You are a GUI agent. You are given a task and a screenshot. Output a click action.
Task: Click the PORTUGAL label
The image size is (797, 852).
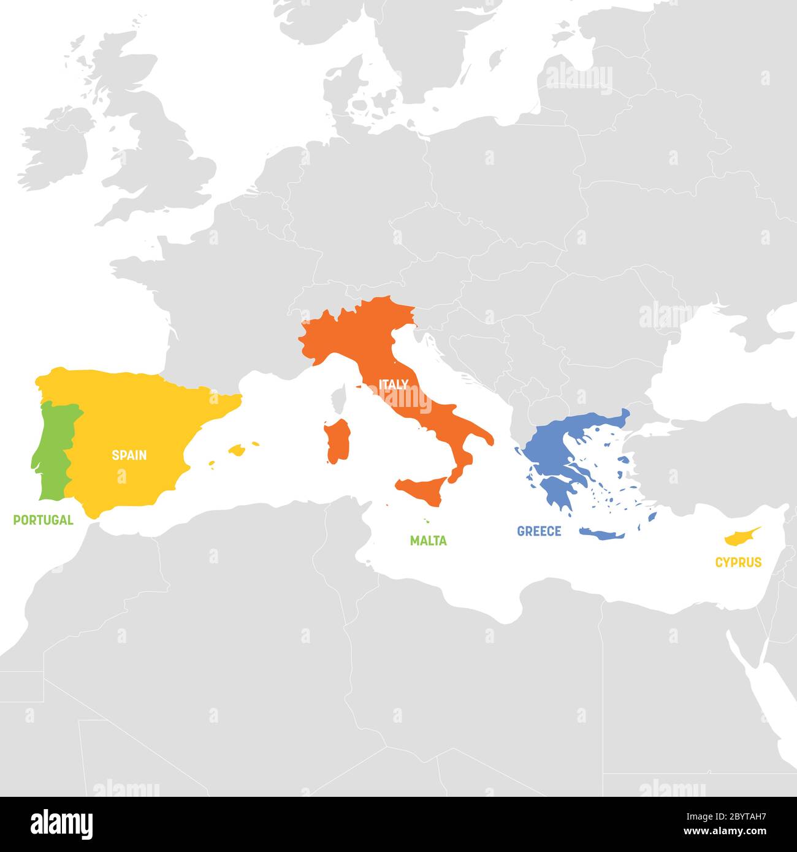tap(43, 520)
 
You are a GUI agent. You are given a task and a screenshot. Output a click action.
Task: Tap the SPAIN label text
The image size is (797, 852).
tap(129, 455)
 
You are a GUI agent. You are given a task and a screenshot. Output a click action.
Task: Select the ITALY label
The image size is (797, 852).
tap(394, 385)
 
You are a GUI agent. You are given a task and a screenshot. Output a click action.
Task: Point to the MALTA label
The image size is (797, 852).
tap(428, 541)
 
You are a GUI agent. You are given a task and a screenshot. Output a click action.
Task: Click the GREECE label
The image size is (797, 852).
tap(539, 531)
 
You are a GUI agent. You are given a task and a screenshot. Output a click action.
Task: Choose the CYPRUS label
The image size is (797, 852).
tap(738, 562)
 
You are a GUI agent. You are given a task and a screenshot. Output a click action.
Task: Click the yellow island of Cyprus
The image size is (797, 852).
tap(739, 538)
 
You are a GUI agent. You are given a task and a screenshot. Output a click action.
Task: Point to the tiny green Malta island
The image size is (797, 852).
tap(425, 522)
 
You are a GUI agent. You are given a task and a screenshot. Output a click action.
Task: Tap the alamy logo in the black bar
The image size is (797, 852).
tap(62, 824)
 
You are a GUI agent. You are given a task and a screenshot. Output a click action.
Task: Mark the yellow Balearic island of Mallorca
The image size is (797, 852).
tap(237, 451)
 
